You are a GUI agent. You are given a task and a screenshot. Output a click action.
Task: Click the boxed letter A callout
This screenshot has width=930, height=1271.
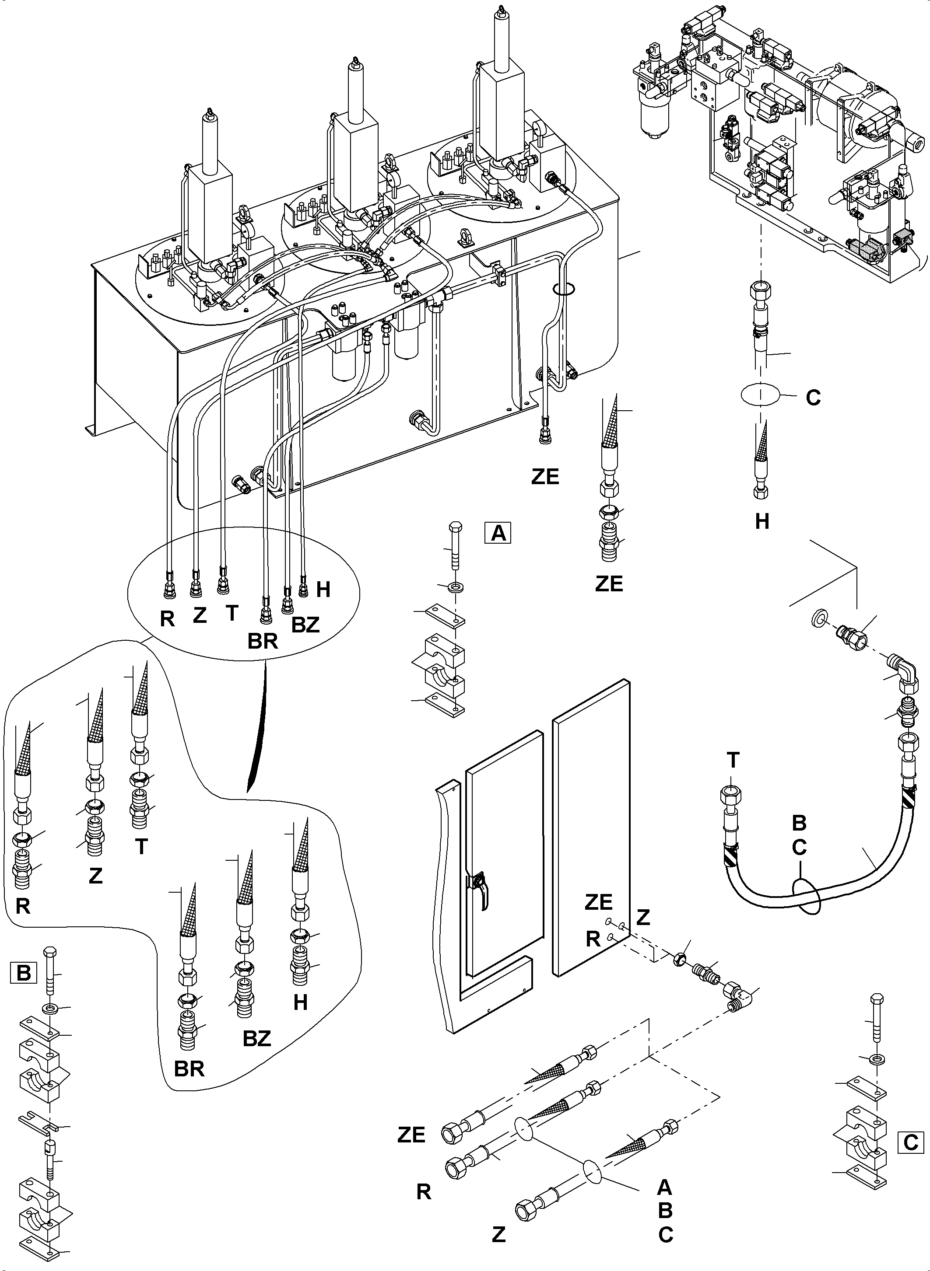click(498, 532)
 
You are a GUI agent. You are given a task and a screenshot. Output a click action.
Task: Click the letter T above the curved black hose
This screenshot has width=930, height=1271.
click(733, 761)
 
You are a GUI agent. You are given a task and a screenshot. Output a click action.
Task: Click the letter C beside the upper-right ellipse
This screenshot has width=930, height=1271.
click(813, 398)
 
